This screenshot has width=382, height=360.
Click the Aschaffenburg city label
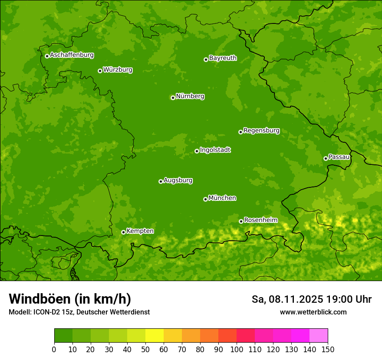pyautogui.click(x=72, y=55)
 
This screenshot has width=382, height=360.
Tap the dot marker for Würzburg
pyautogui.click(x=100, y=71)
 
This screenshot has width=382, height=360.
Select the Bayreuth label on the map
pyautogui.click(x=223, y=58)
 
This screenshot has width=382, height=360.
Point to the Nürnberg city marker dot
pyautogui.click(x=173, y=98)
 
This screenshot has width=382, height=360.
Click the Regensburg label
pyautogui.click(x=261, y=131)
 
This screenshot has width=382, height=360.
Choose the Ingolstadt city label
pyautogui.click(x=215, y=150)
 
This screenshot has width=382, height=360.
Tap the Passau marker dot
pyautogui.click(x=326, y=158)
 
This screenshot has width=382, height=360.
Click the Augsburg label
pyautogui.click(x=178, y=180)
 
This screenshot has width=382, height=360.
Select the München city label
pyautogui.click(x=222, y=198)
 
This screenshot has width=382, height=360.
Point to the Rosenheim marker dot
pyautogui.click(x=241, y=221)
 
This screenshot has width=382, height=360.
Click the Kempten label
pyautogui.click(x=140, y=231)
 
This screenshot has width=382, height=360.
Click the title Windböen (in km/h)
pyautogui.click(x=70, y=299)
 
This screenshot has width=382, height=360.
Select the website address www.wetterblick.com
pyautogui.click(x=313, y=312)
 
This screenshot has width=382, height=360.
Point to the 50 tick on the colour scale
pyautogui.click(x=145, y=349)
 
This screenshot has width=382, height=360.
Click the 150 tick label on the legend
pyautogui.click(x=328, y=349)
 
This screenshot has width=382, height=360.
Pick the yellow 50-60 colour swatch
pyautogui.click(x=155, y=336)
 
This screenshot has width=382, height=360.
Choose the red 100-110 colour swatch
pyautogui.click(x=246, y=336)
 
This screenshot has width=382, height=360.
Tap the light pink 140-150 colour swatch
pyautogui.click(x=319, y=336)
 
